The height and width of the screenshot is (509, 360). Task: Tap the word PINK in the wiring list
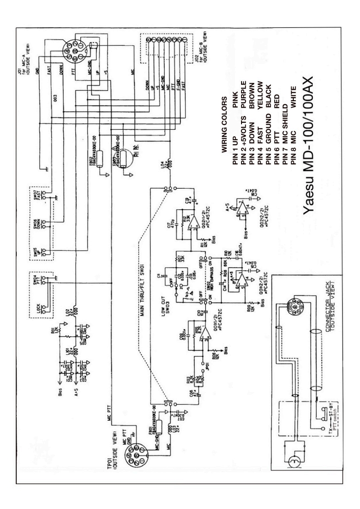tap(233, 110)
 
